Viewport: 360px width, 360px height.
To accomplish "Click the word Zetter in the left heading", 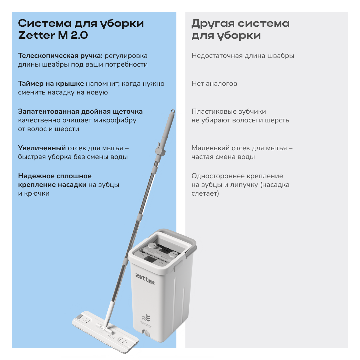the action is pyautogui.click(x=37, y=35).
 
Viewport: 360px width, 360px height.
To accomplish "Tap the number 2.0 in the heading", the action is pyautogui.click(x=79, y=35).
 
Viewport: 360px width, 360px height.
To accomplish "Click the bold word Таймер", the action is pyautogui.click(x=31, y=83).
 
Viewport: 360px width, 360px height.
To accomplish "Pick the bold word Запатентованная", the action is pyautogui.click(x=49, y=111).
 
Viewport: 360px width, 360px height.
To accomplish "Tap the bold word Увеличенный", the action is pyautogui.click(x=42, y=148).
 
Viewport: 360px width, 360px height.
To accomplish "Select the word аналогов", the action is pyautogui.click(x=221, y=84).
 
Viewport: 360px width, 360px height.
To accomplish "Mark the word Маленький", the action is pyautogui.click(x=211, y=148).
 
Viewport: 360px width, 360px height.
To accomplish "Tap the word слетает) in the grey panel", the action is pyautogui.click(x=205, y=193).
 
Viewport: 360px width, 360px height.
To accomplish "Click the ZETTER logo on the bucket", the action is pyautogui.click(x=145, y=279).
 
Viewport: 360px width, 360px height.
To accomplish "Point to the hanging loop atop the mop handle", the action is pyautogui.click(x=173, y=111).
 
